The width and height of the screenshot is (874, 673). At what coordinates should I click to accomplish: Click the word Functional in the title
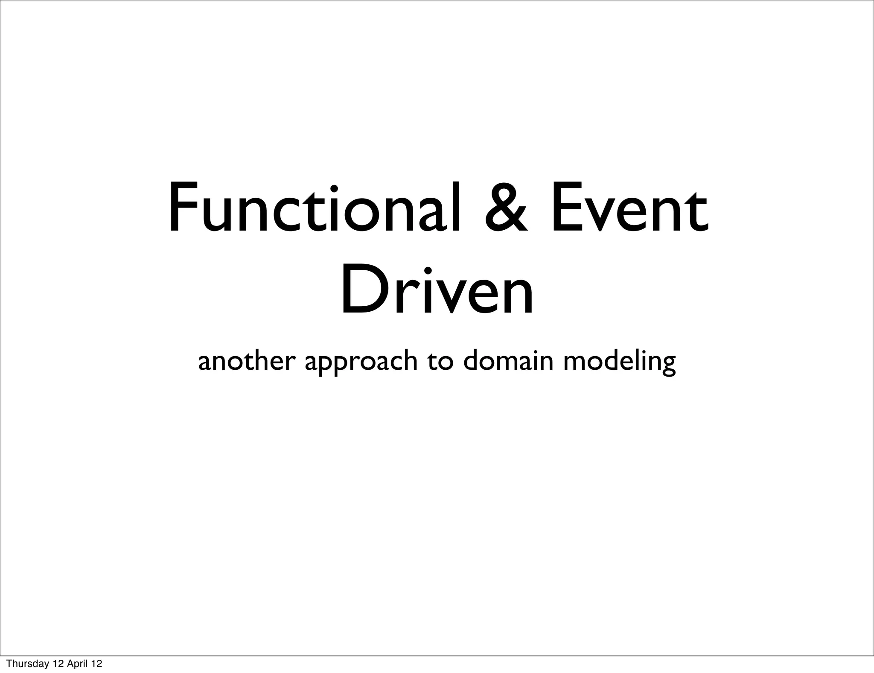(x=314, y=208)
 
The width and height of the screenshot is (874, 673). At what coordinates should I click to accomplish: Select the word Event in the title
(x=629, y=209)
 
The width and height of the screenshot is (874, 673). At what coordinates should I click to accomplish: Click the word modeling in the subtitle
(x=619, y=363)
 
